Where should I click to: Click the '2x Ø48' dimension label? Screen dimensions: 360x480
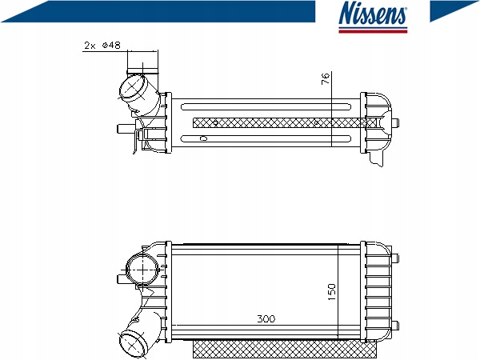click(102, 46)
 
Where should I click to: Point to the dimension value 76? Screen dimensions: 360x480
click(326, 78)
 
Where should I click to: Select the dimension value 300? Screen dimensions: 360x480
click(266, 318)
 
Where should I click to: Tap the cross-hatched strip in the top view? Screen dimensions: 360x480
click(280, 122)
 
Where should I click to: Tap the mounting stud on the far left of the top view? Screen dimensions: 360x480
click(121, 127)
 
